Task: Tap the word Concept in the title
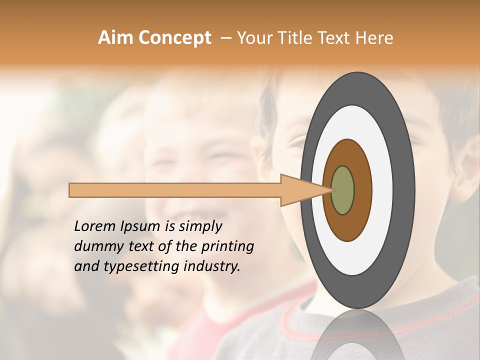[x=174, y=38]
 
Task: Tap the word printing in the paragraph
[x=227, y=247]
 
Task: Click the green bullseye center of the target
[x=343, y=190]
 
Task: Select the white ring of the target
[x=382, y=190]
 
